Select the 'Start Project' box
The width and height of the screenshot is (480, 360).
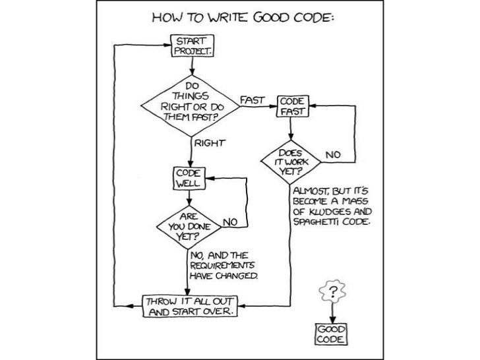tap(190, 45)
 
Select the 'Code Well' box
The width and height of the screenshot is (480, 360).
tap(189, 177)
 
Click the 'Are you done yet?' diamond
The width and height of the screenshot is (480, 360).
tap(189, 224)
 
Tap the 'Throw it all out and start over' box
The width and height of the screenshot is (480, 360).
tap(190, 307)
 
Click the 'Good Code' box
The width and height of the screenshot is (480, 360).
tap(330, 333)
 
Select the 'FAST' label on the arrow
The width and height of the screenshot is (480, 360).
tap(253, 100)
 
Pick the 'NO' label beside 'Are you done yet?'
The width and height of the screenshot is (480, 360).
tap(230, 222)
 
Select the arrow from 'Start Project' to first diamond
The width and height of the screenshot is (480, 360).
tap(190, 66)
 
